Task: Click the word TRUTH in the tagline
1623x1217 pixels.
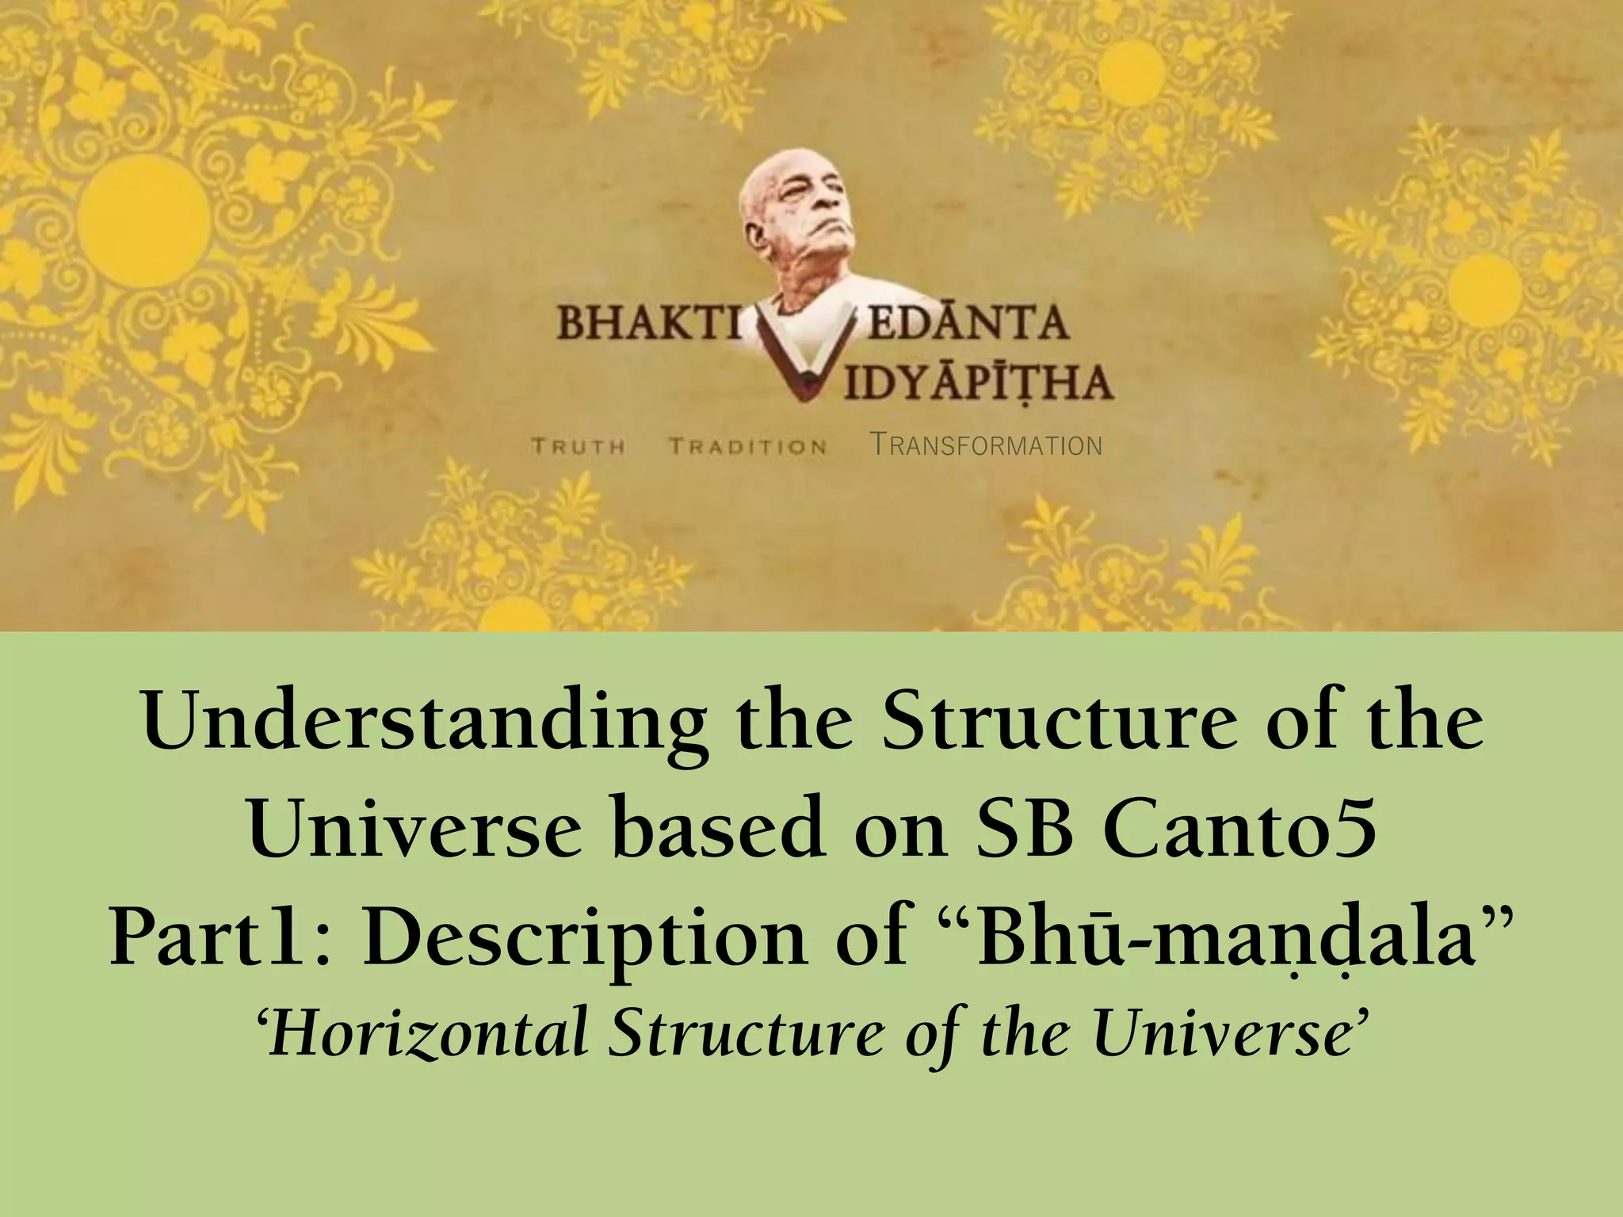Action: pos(579,446)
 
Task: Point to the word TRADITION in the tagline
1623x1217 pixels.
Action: pos(748,446)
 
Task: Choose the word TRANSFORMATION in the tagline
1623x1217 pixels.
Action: pos(986,444)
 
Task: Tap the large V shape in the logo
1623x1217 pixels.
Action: pos(804,357)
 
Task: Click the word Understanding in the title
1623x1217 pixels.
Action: pos(425,725)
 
